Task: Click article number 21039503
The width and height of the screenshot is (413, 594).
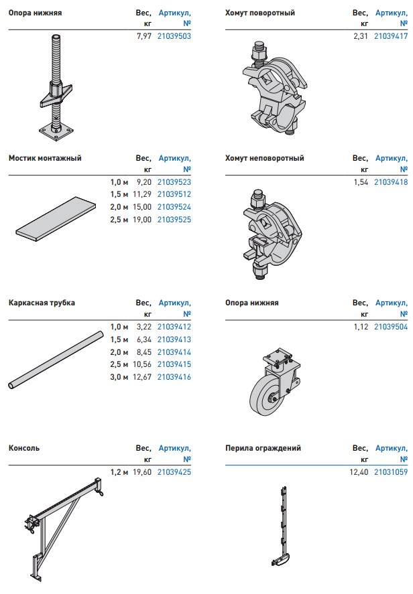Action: point(174,36)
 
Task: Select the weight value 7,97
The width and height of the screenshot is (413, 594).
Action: point(144,36)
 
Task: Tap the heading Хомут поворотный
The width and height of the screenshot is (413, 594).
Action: point(259,13)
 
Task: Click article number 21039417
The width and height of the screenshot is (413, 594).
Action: point(391,36)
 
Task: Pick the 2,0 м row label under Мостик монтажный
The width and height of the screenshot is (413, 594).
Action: point(119,207)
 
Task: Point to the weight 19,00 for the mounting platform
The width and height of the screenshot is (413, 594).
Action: point(142,220)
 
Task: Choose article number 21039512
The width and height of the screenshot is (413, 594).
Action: point(174,194)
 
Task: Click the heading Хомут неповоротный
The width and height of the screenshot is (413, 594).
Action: point(264,158)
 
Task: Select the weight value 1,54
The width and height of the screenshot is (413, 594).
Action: point(361,182)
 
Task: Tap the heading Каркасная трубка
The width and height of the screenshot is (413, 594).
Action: point(42,303)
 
